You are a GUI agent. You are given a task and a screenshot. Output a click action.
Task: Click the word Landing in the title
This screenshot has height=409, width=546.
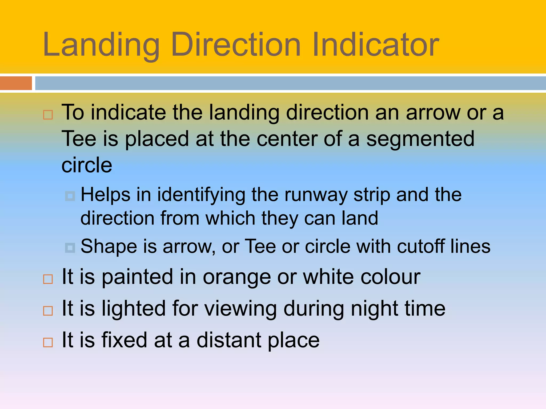point(101,45)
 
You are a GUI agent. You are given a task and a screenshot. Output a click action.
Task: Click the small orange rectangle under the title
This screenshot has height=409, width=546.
point(16,83)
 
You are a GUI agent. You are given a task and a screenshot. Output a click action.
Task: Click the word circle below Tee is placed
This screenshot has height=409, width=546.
point(87,165)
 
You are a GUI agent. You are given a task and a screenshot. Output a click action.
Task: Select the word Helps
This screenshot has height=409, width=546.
point(106,195)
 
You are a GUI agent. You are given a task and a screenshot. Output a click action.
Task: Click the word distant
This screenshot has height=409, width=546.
point(229,340)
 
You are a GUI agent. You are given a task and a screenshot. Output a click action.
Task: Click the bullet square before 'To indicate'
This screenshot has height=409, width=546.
point(48,115)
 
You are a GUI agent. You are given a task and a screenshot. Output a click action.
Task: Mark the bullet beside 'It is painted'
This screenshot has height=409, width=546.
point(48,279)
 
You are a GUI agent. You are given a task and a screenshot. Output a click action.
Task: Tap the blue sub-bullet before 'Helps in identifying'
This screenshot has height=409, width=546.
point(70,196)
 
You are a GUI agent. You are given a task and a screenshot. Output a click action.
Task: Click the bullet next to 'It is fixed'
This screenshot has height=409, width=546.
point(48,342)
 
